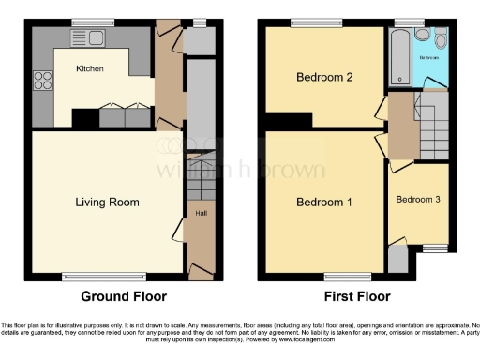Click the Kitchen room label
tap(90, 69)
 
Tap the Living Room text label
tap(108, 202)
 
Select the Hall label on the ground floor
tap(201, 213)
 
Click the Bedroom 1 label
tap(324, 202)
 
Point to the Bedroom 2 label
tap(324, 78)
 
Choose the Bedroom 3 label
tap(418, 200)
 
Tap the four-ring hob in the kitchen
tap(42, 82)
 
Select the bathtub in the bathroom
tap(400, 57)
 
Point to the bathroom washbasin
tap(423, 37)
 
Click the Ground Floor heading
tap(124, 296)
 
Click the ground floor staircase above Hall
tap(201, 177)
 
